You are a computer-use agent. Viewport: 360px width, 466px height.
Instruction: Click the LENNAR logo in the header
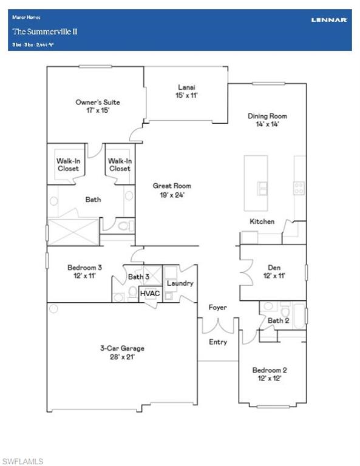tap(329, 19)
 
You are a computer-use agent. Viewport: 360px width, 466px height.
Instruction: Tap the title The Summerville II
tap(37, 31)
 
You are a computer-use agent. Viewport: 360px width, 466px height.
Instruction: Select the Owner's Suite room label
tap(98, 102)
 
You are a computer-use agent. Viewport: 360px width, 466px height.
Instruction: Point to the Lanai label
tap(186, 87)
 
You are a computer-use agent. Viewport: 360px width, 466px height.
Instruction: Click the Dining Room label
tap(267, 116)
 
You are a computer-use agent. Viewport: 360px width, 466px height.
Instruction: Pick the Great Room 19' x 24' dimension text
tap(172, 195)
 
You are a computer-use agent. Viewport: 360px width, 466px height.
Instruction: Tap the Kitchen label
tap(262, 221)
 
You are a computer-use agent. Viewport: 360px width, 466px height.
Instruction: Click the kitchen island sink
tap(263, 189)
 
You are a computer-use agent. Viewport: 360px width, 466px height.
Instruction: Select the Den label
tap(274, 267)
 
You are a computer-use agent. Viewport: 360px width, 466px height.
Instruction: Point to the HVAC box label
tap(149, 293)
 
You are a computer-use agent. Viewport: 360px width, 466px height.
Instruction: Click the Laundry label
tap(180, 283)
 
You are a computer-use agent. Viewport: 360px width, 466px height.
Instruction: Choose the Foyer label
tap(217, 308)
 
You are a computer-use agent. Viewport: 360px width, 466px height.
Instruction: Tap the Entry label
tap(218, 342)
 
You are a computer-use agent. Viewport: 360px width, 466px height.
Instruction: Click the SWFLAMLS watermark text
tap(22, 461)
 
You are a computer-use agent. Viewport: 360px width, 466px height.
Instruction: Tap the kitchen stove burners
tap(299, 188)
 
